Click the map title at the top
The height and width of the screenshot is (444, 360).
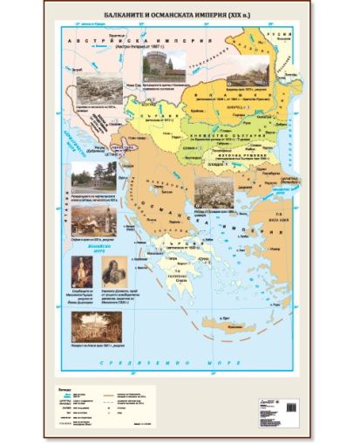(178, 14)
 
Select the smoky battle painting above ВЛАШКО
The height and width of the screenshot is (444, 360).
(248, 76)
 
